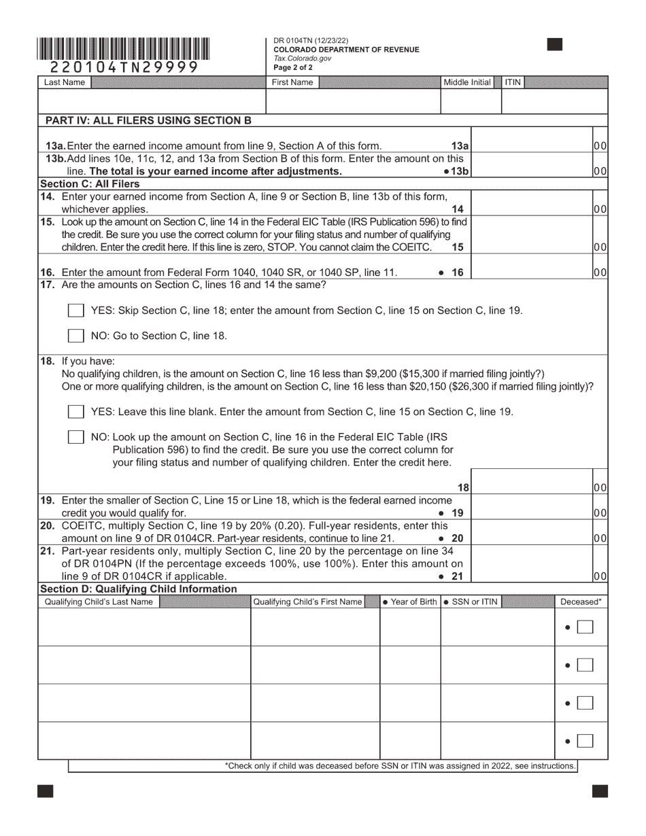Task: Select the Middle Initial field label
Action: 467,82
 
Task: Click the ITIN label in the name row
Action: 513,82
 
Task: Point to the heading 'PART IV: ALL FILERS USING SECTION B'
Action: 148,121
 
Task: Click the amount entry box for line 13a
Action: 531,145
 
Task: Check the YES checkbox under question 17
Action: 76,311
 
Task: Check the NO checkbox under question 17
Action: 76,335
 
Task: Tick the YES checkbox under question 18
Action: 76,412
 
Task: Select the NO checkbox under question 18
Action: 76,437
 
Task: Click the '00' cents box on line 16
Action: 600,273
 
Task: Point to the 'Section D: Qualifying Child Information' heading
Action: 139,589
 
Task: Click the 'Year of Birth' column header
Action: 410,602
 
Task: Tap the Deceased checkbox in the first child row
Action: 585,627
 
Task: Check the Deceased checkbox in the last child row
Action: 585,741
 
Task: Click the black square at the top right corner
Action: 555,44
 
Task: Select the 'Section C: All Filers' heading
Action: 90,184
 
